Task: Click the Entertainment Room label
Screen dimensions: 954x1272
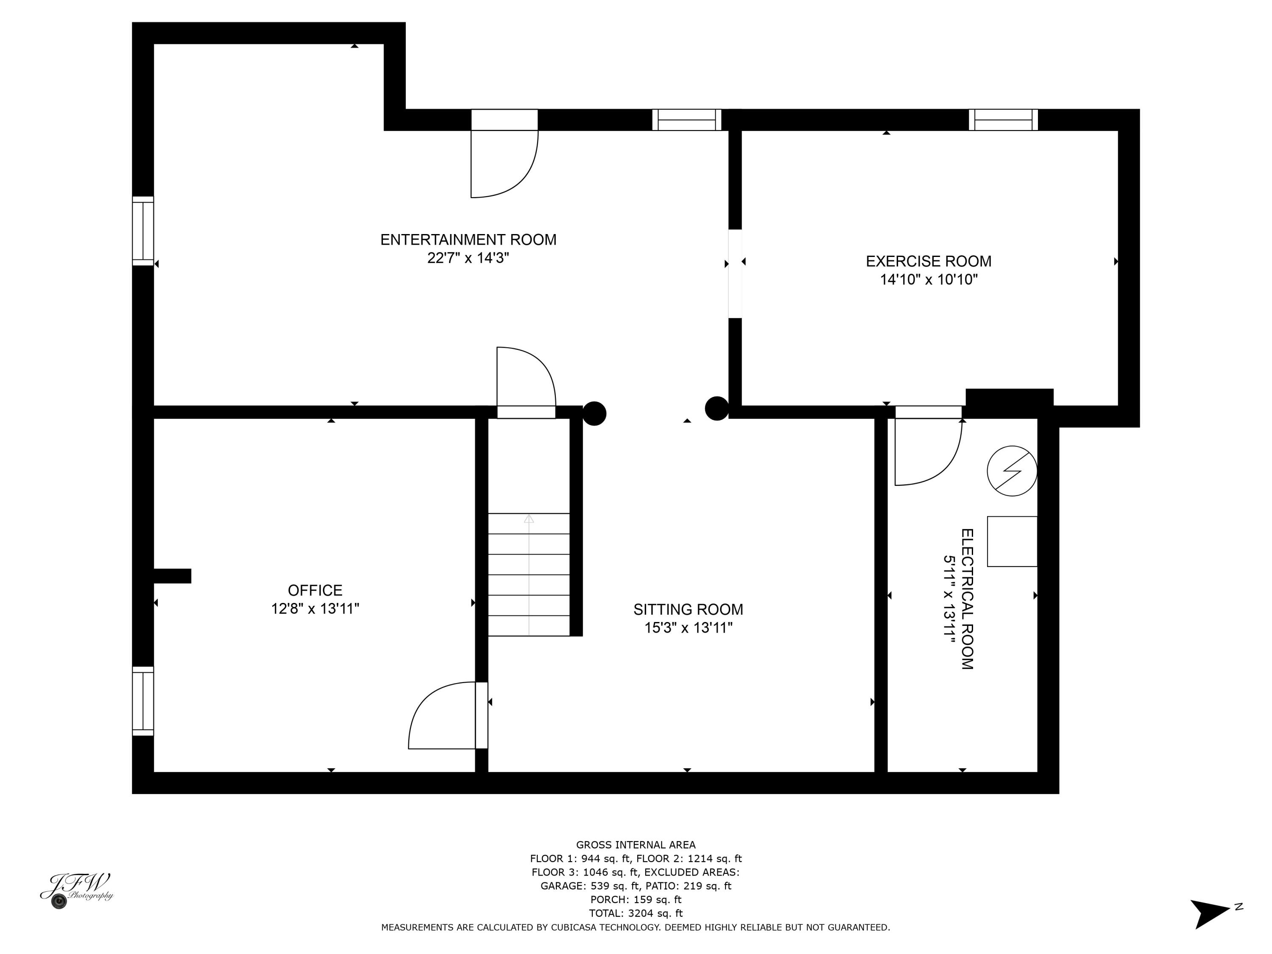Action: click(x=468, y=239)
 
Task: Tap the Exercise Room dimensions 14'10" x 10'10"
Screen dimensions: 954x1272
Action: click(x=928, y=280)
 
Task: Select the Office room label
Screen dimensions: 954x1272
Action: click(x=315, y=590)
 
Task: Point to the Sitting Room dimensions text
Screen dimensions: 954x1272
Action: click(x=688, y=628)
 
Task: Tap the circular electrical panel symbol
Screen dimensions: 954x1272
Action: click(x=1012, y=471)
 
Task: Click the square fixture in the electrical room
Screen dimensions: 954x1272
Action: click(x=1012, y=541)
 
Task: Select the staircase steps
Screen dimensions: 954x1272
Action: click(x=528, y=575)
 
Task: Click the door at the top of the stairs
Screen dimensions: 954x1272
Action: click(x=526, y=379)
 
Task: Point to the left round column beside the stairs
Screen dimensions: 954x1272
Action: click(x=594, y=413)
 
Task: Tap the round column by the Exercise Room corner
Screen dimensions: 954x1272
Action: click(x=717, y=408)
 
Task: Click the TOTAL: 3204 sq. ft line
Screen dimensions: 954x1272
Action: click(x=636, y=912)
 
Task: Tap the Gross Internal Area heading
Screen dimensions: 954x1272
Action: click(x=636, y=845)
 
